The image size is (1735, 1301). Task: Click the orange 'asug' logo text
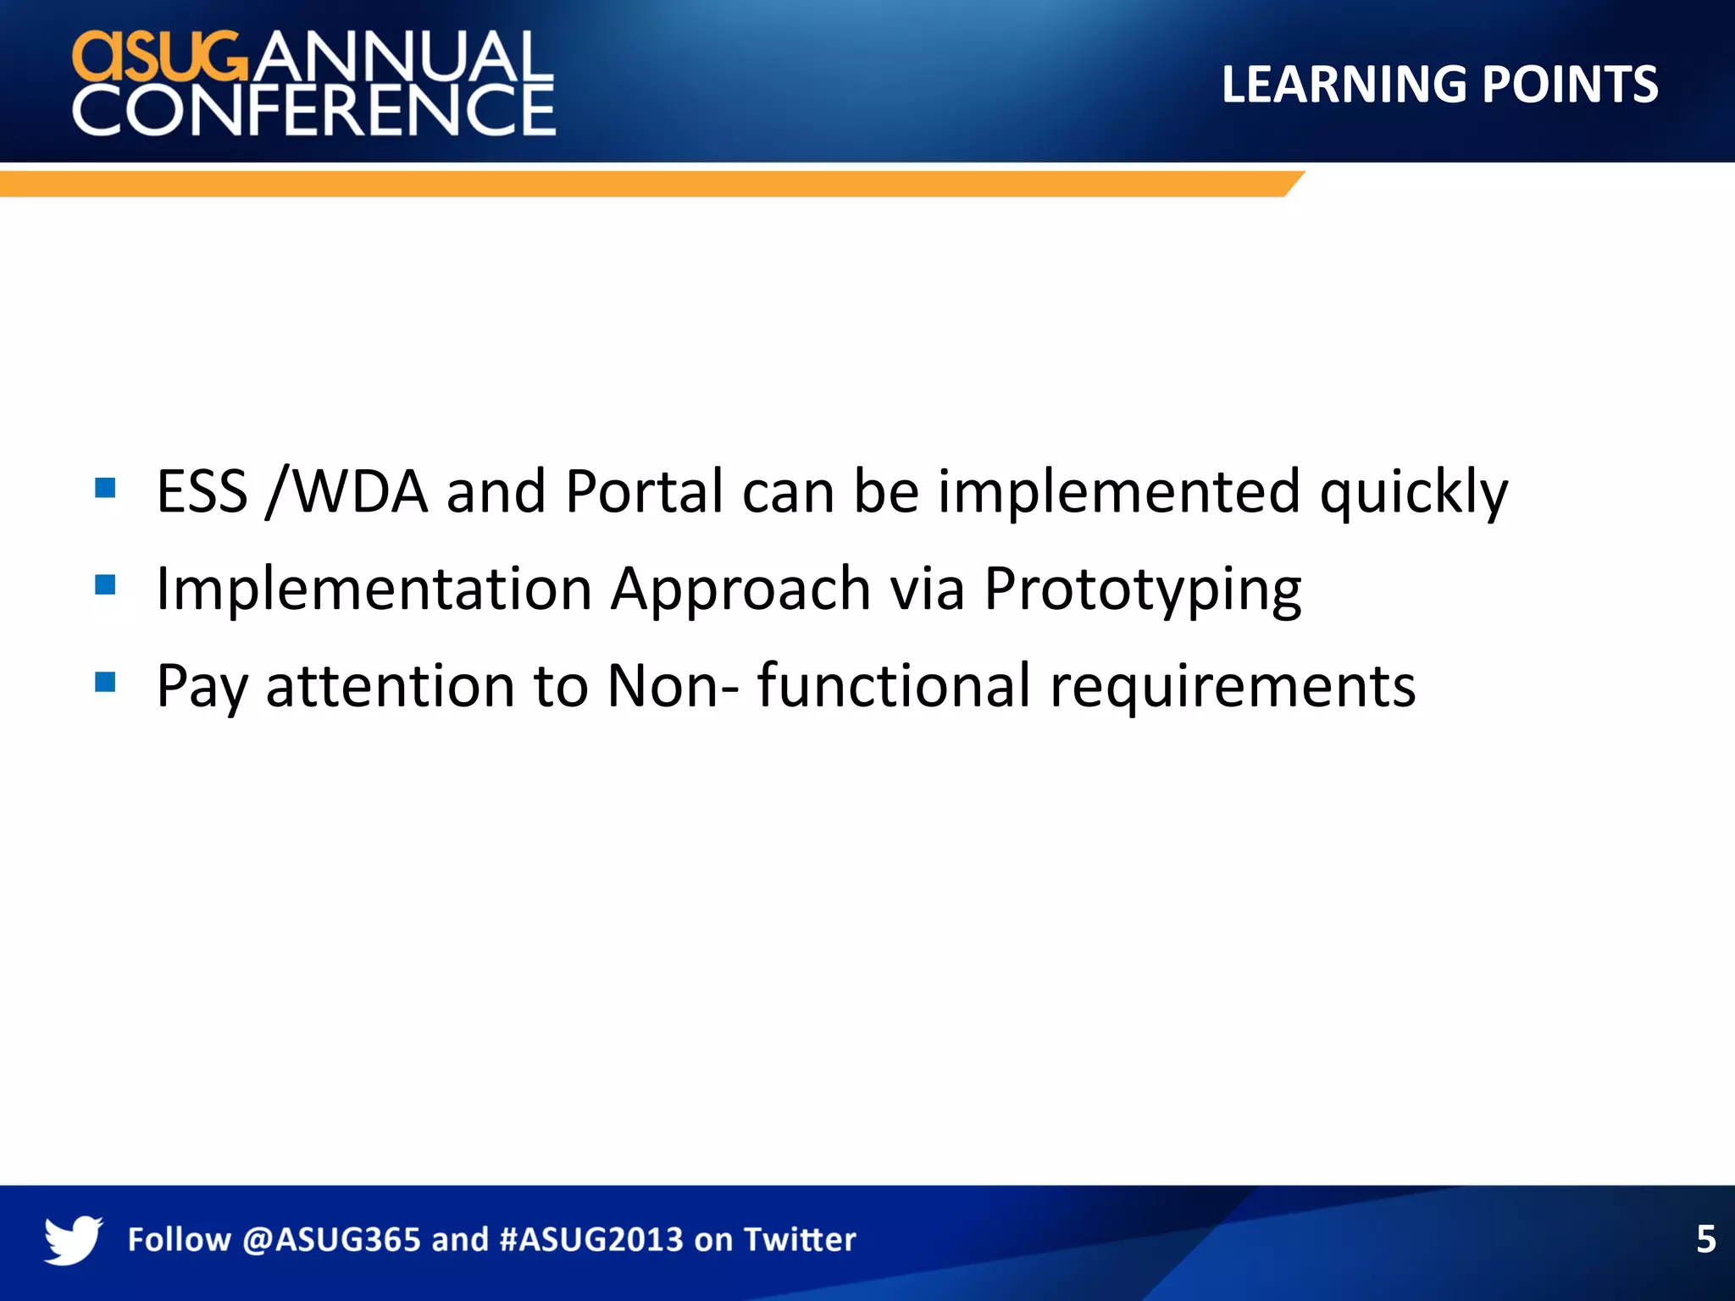point(161,58)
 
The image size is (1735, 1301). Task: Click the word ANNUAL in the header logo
point(400,58)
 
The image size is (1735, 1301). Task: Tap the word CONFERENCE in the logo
point(313,110)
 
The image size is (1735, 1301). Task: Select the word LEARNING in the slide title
point(1344,85)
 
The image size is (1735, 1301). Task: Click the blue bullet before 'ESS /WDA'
point(105,488)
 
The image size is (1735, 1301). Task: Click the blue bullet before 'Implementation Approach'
point(105,585)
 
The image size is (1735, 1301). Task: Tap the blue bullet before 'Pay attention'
point(105,682)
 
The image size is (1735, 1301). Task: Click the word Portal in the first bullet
point(644,491)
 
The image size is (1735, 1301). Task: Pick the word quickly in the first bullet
point(1413,493)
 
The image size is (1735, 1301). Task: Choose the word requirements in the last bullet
point(1232,687)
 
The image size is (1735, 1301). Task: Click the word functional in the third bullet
point(893,685)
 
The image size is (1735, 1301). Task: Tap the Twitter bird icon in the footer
point(73,1239)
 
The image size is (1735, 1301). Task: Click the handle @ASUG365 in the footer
point(331,1239)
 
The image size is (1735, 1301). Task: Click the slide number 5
point(1705,1239)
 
